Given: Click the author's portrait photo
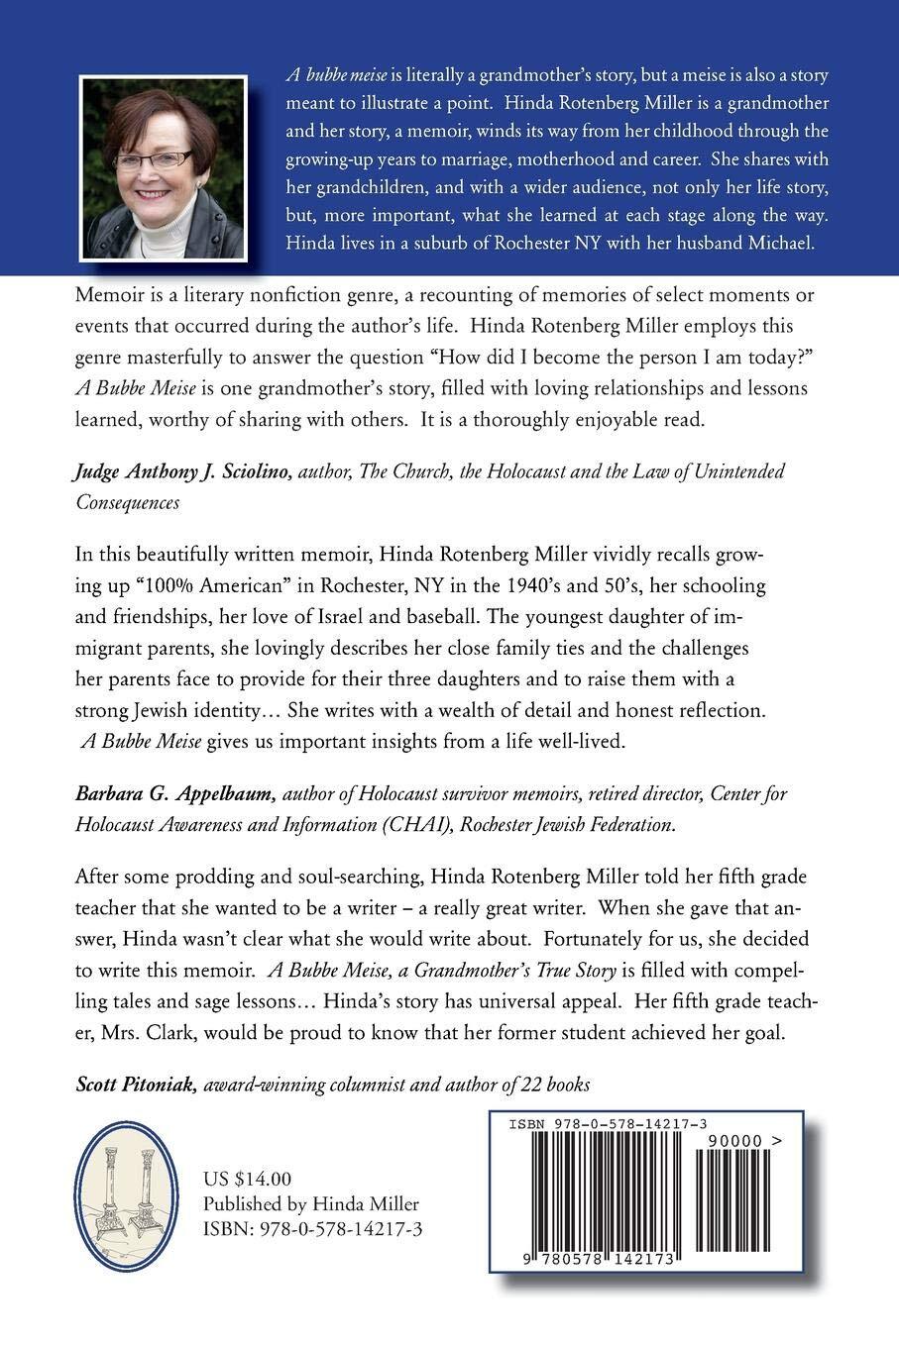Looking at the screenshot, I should (x=163, y=168).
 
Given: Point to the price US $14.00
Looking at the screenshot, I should (x=247, y=1179).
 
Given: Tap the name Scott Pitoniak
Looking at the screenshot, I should (x=137, y=1084).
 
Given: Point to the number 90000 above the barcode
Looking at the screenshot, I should (x=730, y=1141).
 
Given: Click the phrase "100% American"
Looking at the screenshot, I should (x=187, y=585).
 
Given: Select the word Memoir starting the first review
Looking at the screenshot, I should (x=109, y=295).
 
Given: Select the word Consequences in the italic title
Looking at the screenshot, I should (x=128, y=502).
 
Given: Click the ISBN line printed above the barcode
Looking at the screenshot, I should (x=607, y=1124).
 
